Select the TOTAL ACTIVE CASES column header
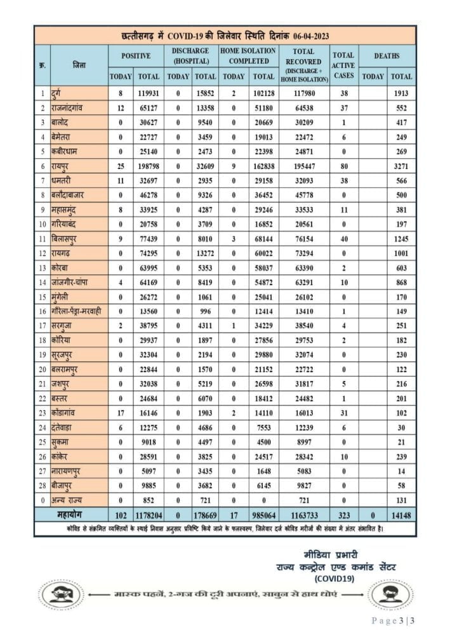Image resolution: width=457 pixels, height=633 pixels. point(343,65)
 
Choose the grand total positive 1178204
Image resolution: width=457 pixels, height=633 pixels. point(148,513)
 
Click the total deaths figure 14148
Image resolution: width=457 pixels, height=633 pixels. point(401,513)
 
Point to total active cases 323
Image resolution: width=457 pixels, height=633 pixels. point(343,513)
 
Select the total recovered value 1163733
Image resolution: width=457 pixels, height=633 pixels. point(304,513)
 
